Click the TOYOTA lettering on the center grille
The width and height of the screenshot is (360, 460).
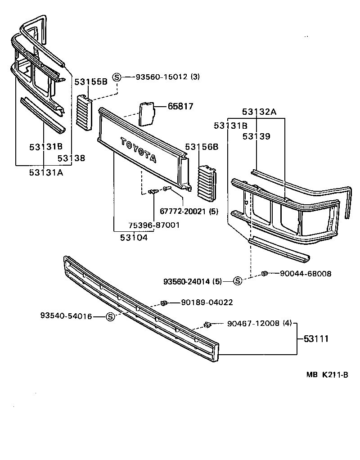[138, 149]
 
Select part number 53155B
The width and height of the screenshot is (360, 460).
[90, 81]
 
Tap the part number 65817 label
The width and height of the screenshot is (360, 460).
[180, 106]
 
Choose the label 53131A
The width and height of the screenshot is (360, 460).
[46, 171]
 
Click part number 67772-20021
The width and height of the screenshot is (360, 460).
[189, 211]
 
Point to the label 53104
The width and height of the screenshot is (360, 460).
[134, 237]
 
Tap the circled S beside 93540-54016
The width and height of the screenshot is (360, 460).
[110, 317]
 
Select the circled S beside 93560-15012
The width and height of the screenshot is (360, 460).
[117, 77]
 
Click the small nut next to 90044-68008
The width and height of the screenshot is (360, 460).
[265, 273]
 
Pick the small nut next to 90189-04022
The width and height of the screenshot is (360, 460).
[164, 302]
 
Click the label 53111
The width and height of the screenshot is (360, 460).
[316, 338]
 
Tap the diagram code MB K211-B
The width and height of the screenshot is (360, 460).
[328, 374]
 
